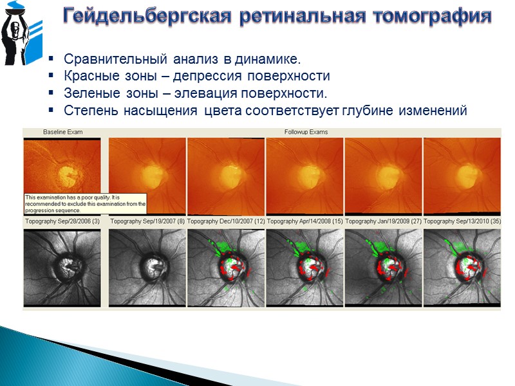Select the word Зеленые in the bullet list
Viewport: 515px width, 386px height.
89,94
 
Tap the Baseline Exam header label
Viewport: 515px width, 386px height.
62,132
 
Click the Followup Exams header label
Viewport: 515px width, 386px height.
306,132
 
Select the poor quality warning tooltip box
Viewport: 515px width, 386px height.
85,204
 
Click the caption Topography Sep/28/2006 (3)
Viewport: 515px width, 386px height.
62,221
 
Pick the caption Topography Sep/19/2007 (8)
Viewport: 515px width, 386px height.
147,221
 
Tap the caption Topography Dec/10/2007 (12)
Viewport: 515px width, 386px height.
226,221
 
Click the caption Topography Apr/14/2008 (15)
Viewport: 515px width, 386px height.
304,221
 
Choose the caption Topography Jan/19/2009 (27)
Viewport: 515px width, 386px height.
383,221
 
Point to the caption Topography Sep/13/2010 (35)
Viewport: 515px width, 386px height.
462,221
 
